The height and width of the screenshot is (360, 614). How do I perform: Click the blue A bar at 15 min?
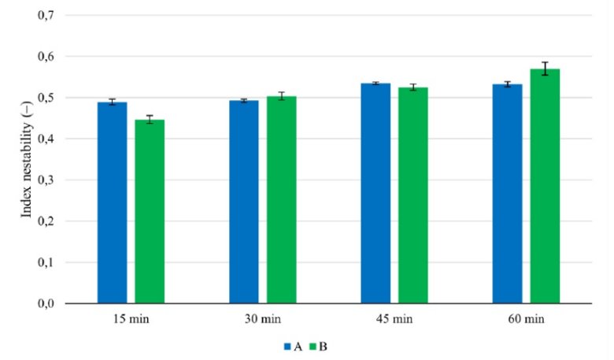112,202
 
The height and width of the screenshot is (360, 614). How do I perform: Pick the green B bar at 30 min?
281,199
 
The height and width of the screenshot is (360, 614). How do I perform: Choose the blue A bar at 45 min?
375,193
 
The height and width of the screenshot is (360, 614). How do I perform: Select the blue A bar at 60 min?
507,194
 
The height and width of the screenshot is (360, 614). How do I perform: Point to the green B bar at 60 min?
545,186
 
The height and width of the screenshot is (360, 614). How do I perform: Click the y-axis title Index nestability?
27,159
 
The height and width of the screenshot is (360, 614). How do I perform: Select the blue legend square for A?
288,346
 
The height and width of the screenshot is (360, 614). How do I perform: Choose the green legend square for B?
312,346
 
